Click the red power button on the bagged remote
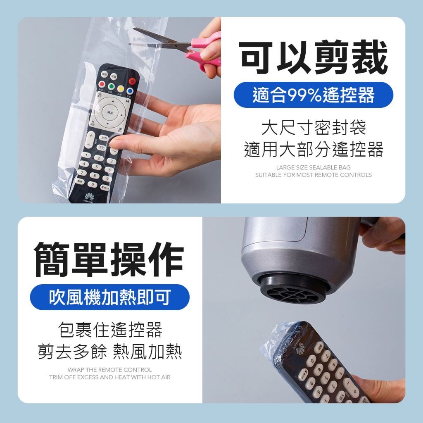132,81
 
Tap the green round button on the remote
111,87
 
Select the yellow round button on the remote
121,89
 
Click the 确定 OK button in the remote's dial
110,112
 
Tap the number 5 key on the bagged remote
97,167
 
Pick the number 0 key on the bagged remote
92,185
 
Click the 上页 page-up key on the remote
103,138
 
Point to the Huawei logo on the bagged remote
89,196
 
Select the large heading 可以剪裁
313,57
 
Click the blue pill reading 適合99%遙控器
313,95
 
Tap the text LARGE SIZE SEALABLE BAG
313,167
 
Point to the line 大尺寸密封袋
314,128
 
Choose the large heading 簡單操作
109,259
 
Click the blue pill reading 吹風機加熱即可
109,297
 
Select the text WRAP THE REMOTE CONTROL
109,370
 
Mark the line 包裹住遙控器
110,330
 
